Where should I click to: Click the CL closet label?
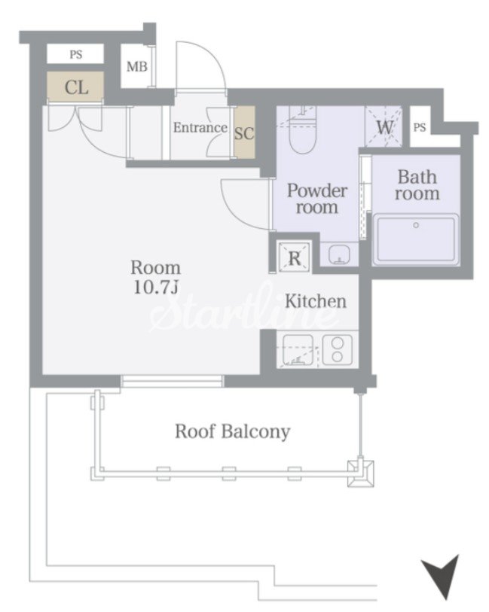(76, 87)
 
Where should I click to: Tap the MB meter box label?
(136, 67)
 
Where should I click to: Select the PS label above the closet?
(76, 55)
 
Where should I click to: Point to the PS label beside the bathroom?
(420, 127)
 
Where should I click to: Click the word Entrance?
(200, 128)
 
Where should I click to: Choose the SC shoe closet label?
(244, 133)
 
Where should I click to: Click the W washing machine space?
(384, 127)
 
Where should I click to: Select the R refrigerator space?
(294, 257)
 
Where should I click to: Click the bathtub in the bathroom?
(416, 239)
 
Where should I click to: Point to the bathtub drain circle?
(416, 225)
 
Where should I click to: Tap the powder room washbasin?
(338, 255)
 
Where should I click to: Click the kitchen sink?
(298, 350)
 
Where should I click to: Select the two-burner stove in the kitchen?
(338, 350)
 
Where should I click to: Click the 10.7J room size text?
(156, 288)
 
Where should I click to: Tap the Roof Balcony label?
(232, 431)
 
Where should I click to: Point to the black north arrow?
(442, 576)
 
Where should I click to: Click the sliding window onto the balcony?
(172, 381)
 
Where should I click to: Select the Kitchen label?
(316, 301)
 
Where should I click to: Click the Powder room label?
(316, 199)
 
